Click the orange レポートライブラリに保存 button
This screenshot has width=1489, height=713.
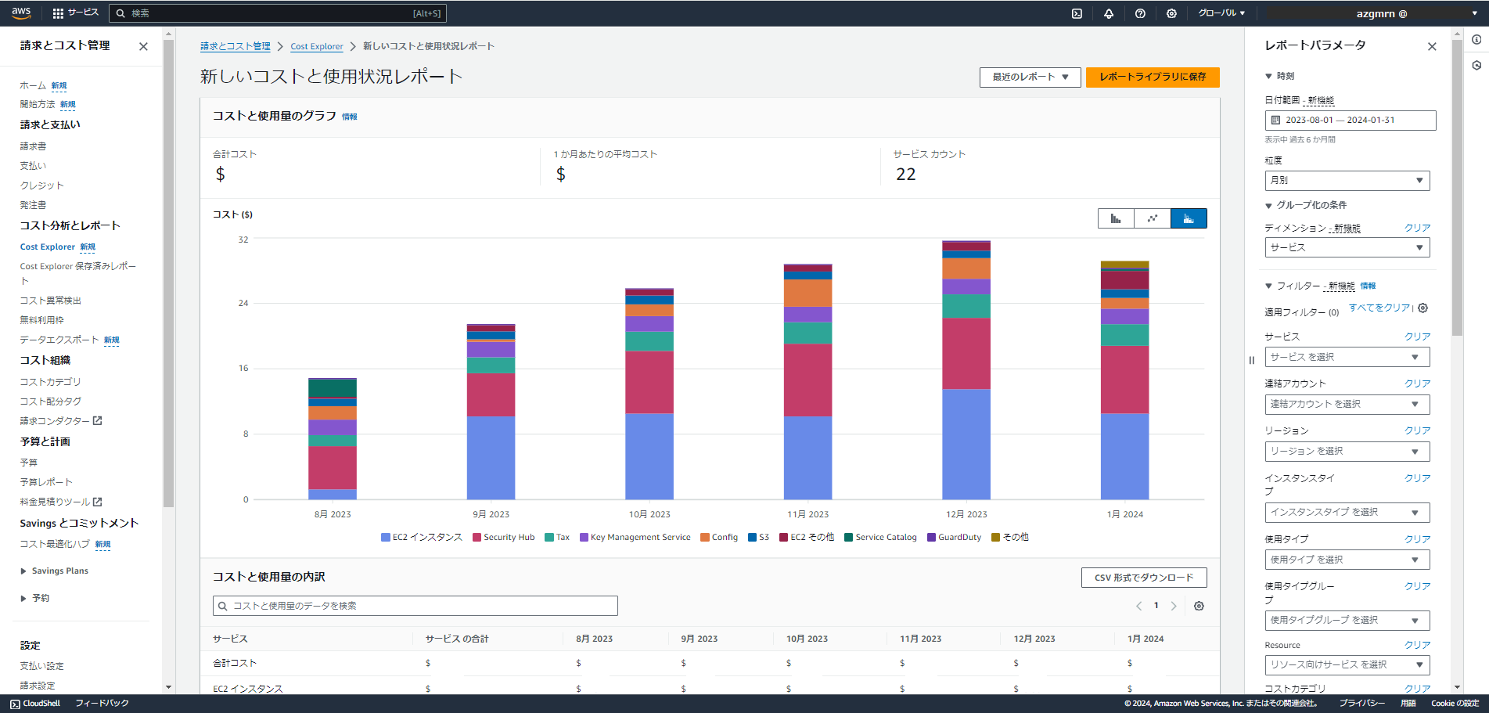[1152, 77]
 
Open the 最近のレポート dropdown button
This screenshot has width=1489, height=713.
[1030, 77]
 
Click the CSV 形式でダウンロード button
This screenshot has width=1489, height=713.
[1143, 578]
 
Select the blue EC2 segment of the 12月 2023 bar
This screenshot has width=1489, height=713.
[966, 444]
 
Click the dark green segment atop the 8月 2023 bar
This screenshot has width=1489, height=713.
[333, 388]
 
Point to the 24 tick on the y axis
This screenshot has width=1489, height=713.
[243, 303]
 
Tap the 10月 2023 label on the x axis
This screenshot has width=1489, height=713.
[649, 514]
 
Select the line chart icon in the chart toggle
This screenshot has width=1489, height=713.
[1152, 218]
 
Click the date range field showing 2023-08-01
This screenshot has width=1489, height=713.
[1350, 120]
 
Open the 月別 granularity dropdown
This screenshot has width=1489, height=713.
[1347, 180]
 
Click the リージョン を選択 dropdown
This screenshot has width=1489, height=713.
[1347, 452]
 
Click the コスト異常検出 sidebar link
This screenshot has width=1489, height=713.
[50, 301]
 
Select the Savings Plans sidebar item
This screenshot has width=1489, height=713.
[59, 571]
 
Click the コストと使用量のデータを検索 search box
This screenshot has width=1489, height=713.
[415, 606]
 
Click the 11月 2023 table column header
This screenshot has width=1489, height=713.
[920, 639]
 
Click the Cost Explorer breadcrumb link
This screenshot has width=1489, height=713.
[316, 46]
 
